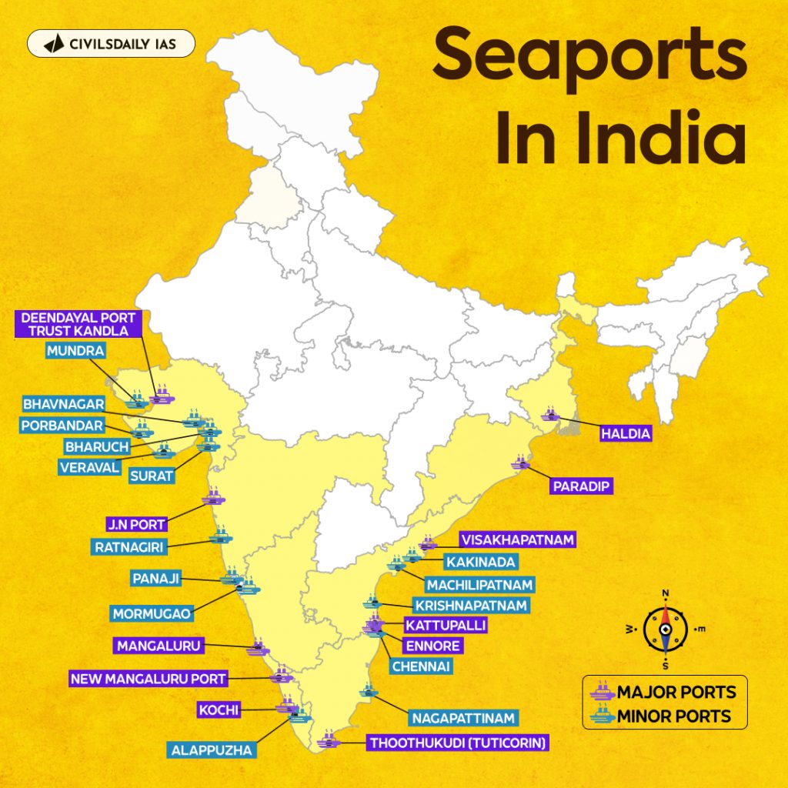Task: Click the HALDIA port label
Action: [x=626, y=434]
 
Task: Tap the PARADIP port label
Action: [x=581, y=486]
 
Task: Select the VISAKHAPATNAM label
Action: [x=516, y=540]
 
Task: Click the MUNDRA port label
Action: [x=75, y=352]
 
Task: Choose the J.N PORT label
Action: [x=135, y=525]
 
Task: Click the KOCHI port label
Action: [x=219, y=710]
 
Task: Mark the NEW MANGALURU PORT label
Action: [x=149, y=679]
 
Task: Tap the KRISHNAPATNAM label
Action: [x=470, y=606]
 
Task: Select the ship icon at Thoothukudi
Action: [x=327, y=743]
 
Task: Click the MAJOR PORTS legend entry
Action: [x=663, y=691]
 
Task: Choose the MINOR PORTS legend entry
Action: [x=663, y=716]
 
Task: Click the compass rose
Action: [x=664, y=629]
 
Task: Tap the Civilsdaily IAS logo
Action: [x=111, y=44]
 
